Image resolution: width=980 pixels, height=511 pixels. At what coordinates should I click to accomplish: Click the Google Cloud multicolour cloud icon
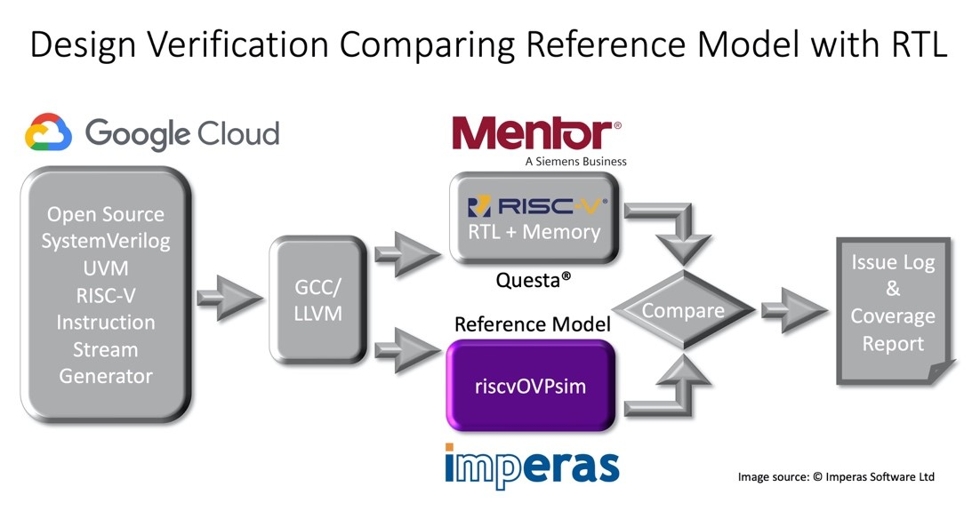[x=48, y=132]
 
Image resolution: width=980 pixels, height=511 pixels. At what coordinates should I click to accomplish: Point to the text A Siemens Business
[x=575, y=161]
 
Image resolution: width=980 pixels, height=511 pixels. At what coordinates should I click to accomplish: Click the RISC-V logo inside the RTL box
[x=537, y=206]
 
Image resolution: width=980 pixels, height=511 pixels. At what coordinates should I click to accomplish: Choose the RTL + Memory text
[x=534, y=232]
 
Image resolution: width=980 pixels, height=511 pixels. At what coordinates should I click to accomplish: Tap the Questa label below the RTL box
[x=533, y=280]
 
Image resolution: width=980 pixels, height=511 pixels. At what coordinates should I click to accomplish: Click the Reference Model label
[x=533, y=324]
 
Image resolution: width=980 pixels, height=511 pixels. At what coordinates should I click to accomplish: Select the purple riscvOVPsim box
[x=531, y=386]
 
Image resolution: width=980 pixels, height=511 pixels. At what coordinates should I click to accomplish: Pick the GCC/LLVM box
[x=317, y=299]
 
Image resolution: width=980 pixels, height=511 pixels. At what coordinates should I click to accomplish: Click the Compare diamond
[x=683, y=310]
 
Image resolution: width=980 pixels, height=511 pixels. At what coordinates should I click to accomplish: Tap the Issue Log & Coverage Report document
[x=894, y=310]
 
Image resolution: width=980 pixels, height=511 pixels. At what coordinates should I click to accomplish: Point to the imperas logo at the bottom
[x=532, y=466]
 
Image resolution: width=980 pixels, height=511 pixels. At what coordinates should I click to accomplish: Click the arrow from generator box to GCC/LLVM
[x=229, y=299]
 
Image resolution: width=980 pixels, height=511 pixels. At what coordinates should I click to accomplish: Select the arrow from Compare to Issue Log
[x=794, y=310]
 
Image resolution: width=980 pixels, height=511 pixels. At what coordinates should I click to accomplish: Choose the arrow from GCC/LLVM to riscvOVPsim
[x=407, y=350]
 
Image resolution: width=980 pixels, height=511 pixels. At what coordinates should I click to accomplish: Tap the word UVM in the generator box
[x=106, y=268]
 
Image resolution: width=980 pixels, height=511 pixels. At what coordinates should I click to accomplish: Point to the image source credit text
[x=836, y=476]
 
